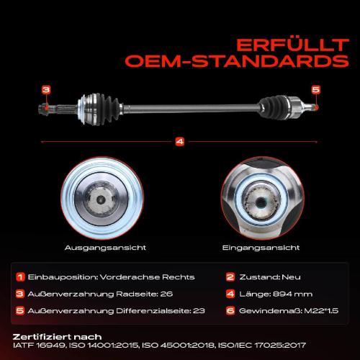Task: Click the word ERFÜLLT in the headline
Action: pyautogui.click(x=292, y=45)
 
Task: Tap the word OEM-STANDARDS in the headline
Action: pyautogui.click(x=237, y=61)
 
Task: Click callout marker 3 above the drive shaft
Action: pyautogui.click(x=46, y=90)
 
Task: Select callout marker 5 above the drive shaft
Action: pyautogui.click(x=316, y=90)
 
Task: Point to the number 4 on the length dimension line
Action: pyautogui.click(x=180, y=142)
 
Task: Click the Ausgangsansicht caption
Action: pyautogui.click(x=105, y=248)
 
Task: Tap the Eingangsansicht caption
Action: pyautogui.click(x=261, y=248)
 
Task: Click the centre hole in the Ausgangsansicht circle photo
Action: pyautogui.click(x=101, y=199)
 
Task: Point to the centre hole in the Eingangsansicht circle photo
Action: pyautogui.click(x=261, y=202)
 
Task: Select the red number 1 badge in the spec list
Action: pyautogui.click(x=20, y=277)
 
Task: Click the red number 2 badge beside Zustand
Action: pyautogui.click(x=230, y=277)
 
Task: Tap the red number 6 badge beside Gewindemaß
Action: pyautogui.click(x=230, y=311)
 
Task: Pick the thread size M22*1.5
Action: pyautogui.click(x=321, y=311)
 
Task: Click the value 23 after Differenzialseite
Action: pyautogui.click(x=199, y=311)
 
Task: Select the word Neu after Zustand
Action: pyautogui.click(x=291, y=277)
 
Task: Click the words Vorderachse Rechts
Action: pyautogui.click(x=147, y=277)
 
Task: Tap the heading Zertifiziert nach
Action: pyautogui.click(x=57, y=337)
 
